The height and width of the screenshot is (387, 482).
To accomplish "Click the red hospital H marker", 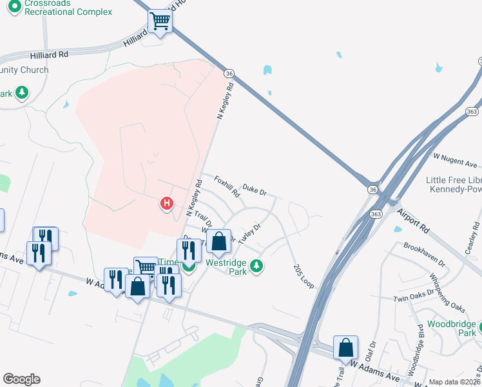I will [x=167, y=204].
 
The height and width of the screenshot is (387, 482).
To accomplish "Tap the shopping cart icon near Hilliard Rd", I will [x=160, y=22].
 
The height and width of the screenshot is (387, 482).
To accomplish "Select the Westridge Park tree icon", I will [x=256, y=266].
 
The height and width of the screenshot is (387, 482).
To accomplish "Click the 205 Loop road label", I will [x=303, y=276].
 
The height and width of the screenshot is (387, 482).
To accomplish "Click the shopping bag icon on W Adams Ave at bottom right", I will [x=346, y=347].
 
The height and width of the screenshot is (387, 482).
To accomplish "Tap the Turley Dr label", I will [x=249, y=234].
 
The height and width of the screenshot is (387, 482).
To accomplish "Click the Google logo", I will [x=21, y=379].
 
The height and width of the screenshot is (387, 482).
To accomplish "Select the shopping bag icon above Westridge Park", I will [x=219, y=241].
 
